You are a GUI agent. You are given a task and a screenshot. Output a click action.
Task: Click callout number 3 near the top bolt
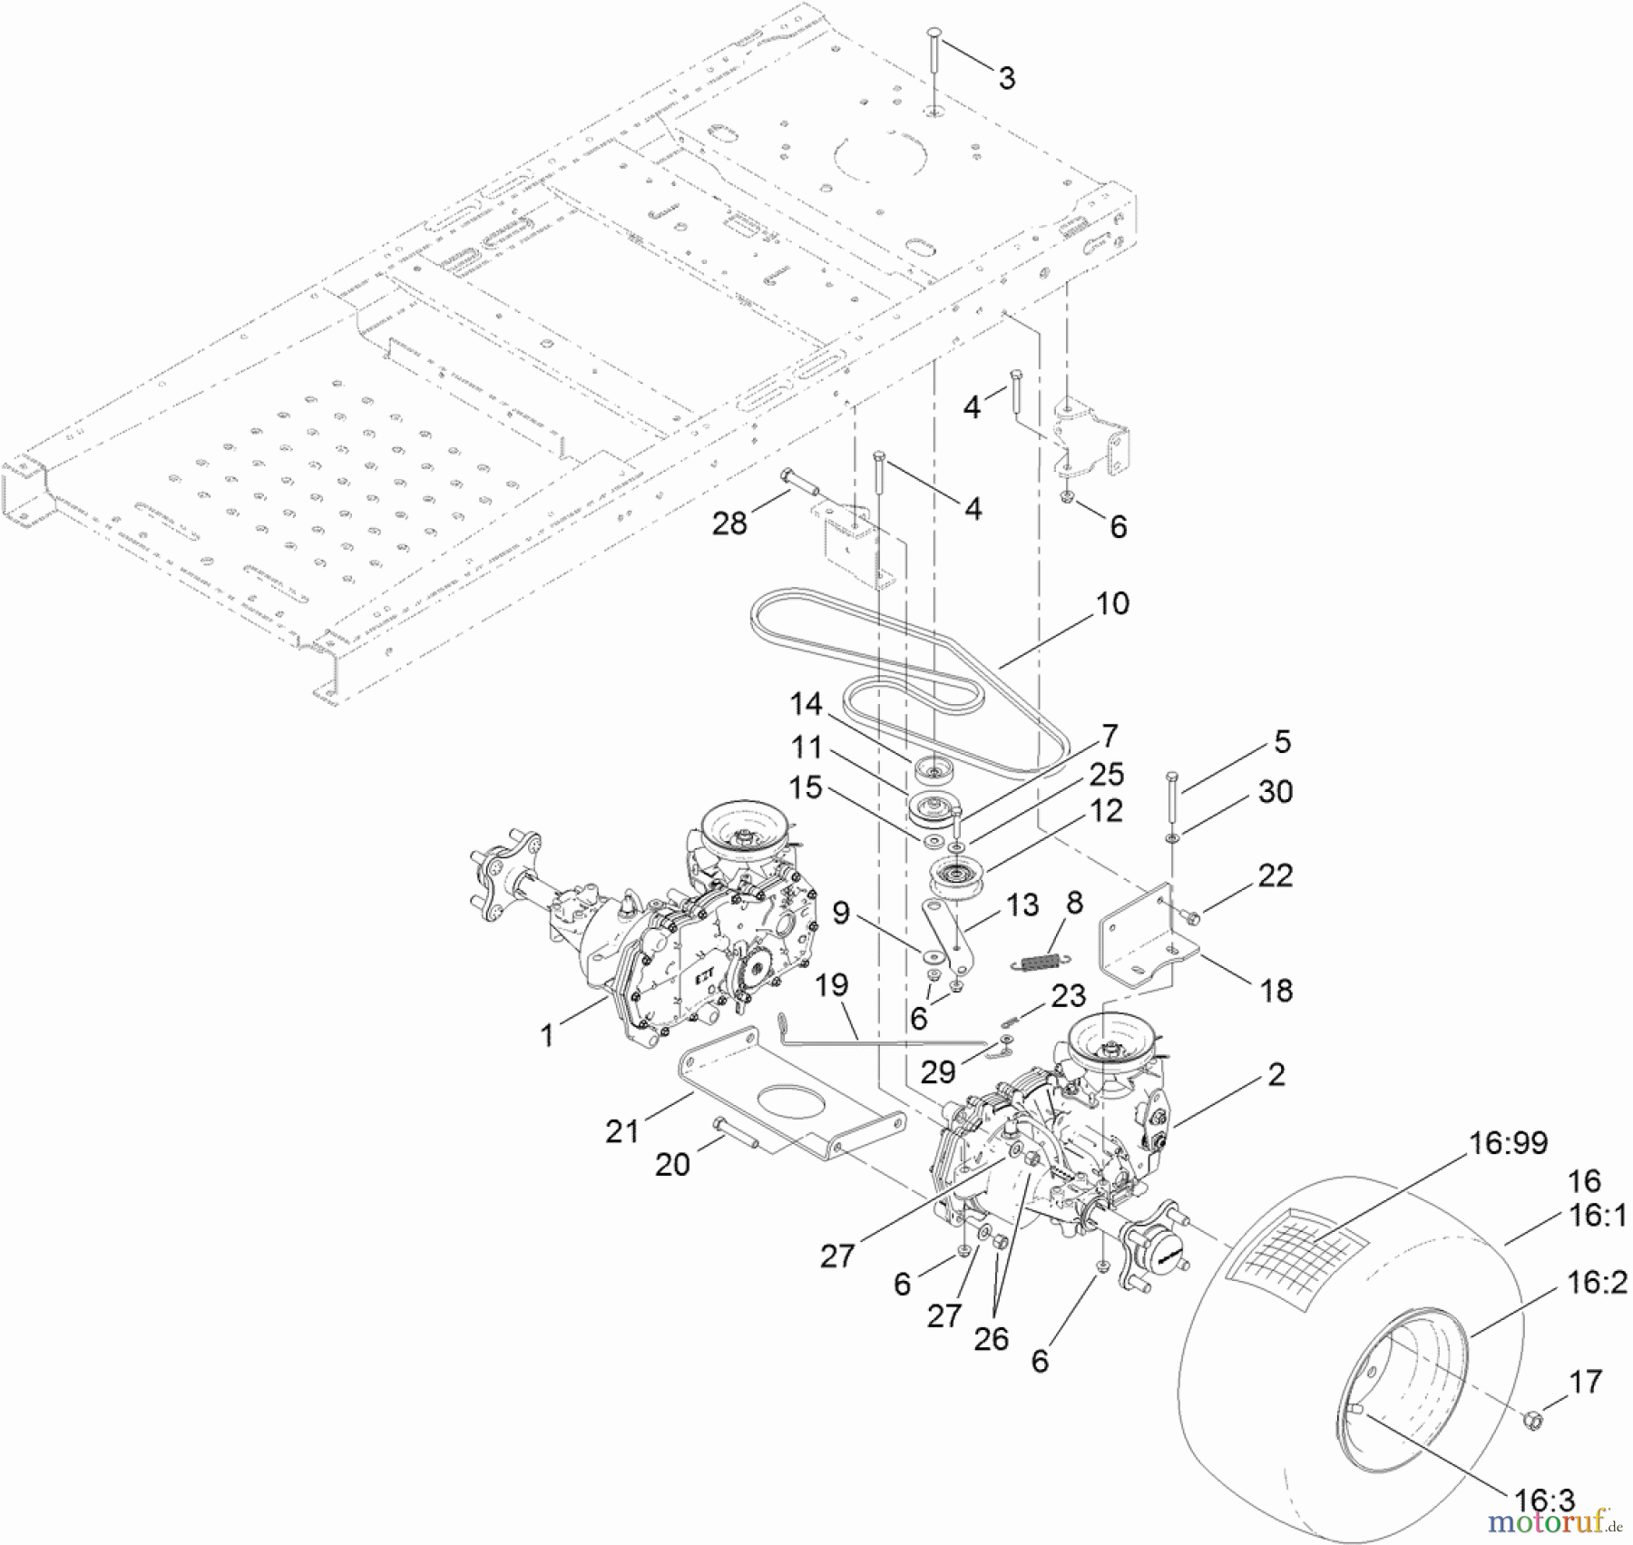(x=1006, y=79)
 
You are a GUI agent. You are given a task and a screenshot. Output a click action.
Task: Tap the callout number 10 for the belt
(x=1112, y=604)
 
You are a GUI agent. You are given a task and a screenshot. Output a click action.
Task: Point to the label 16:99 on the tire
(x=1508, y=1143)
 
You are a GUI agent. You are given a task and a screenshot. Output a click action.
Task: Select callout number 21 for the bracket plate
(x=622, y=1131)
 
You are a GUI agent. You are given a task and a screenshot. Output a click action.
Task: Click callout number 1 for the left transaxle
(x=547, y=1035)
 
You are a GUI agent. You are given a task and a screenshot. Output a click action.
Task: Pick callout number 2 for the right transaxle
(x=1276, y=1075)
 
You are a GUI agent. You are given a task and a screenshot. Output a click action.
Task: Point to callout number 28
(x=729, y=523)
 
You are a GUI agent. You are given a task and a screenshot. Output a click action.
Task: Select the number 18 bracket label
(x=1276, y=991)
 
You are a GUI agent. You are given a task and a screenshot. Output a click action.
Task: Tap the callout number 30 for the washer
(x=1276, y=792)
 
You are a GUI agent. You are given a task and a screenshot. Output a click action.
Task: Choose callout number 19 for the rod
(x=831, y=985)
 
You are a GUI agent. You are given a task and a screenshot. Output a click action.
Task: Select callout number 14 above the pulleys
(x=806, y=704)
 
